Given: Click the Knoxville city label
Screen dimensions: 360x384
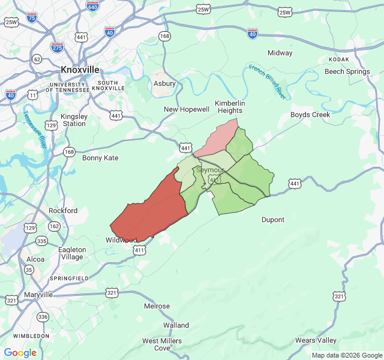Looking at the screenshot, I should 80,70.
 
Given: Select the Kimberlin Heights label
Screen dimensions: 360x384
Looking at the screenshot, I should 229,106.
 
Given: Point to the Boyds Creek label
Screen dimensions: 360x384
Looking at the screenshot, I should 310,115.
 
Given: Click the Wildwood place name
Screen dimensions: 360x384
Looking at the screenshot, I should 121,240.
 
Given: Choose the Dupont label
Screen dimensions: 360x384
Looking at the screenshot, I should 273,220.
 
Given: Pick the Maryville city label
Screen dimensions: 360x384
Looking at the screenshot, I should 38,295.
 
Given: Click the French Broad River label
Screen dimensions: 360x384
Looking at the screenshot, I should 267,81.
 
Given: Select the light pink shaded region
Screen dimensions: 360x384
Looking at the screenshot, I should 217,137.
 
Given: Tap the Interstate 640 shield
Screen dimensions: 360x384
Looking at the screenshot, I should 92,6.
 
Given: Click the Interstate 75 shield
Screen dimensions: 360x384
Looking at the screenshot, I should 32,18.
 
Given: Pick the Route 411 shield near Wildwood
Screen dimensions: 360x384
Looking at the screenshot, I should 140,250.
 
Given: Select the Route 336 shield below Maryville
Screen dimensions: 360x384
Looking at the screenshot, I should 43,316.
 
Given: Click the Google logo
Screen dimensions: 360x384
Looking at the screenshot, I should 20,353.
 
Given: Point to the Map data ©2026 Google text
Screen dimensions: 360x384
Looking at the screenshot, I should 346,355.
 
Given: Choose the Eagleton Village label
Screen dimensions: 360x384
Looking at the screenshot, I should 71,253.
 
